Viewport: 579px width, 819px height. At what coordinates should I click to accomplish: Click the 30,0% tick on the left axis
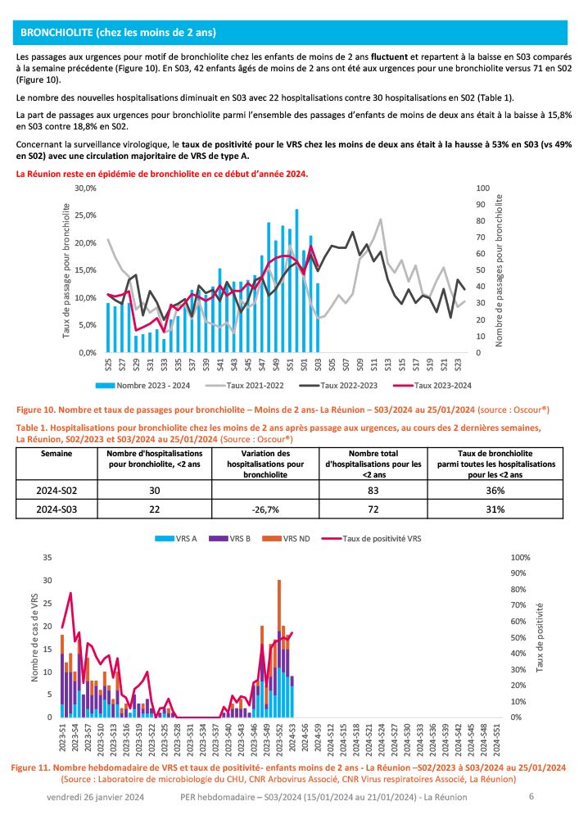click(86, 188)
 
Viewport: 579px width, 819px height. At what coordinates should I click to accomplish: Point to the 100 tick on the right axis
click(483, 188)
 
